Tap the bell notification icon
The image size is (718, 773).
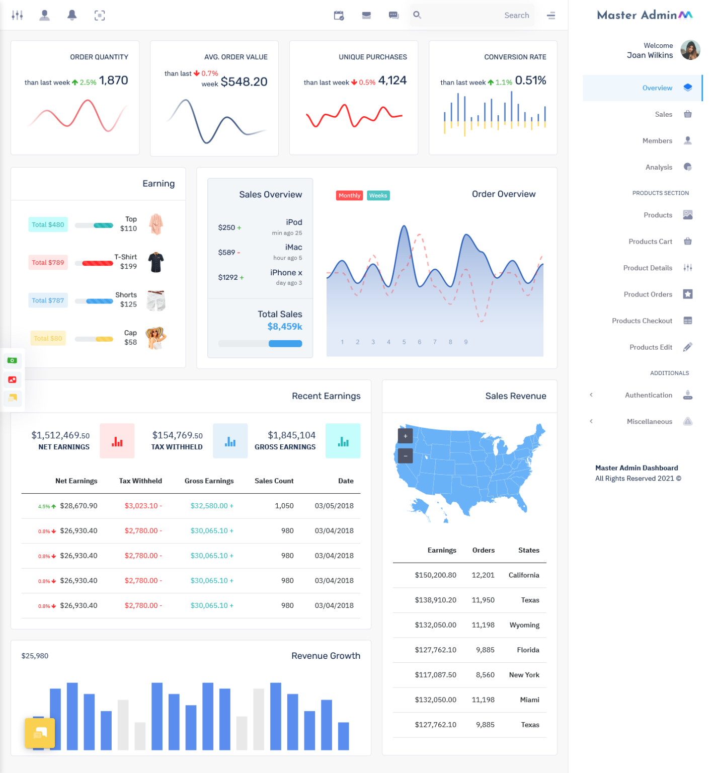72,16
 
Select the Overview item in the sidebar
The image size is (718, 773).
657,88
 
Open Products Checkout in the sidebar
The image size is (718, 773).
642,321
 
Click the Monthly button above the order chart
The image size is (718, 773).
349,196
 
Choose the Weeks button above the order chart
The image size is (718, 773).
378,196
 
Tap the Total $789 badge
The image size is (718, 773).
48,263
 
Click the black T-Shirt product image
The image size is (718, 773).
156,262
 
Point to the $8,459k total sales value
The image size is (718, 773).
285,327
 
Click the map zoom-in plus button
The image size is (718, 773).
406,436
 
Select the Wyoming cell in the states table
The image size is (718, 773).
524,625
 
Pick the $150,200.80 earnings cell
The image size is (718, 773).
435,575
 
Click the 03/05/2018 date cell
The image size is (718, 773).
334,506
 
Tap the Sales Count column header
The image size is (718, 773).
274,481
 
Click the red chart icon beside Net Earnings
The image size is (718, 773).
117,441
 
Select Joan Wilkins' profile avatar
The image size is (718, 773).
690,50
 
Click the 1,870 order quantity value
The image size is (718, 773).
114,81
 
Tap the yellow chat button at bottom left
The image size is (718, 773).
40,733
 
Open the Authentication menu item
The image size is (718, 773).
648,396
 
